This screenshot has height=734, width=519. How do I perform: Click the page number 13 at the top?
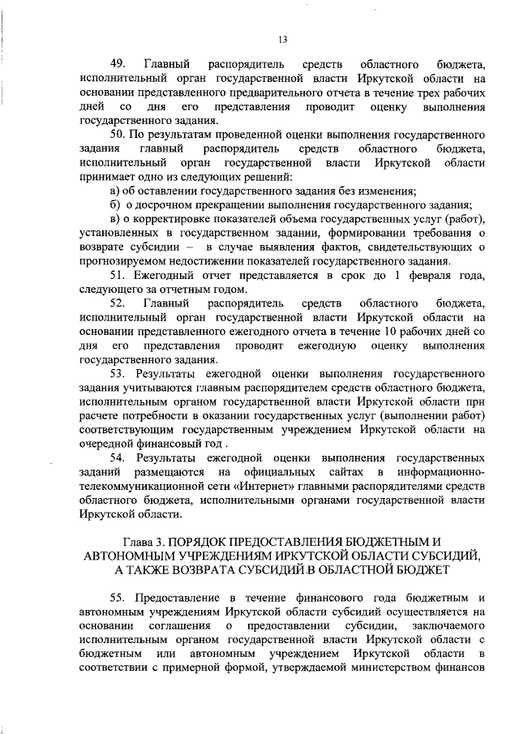283,39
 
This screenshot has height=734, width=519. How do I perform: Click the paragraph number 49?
118,63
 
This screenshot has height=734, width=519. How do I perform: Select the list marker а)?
115,191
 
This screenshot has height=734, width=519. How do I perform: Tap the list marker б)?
115,204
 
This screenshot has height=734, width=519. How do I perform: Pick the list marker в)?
115,219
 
